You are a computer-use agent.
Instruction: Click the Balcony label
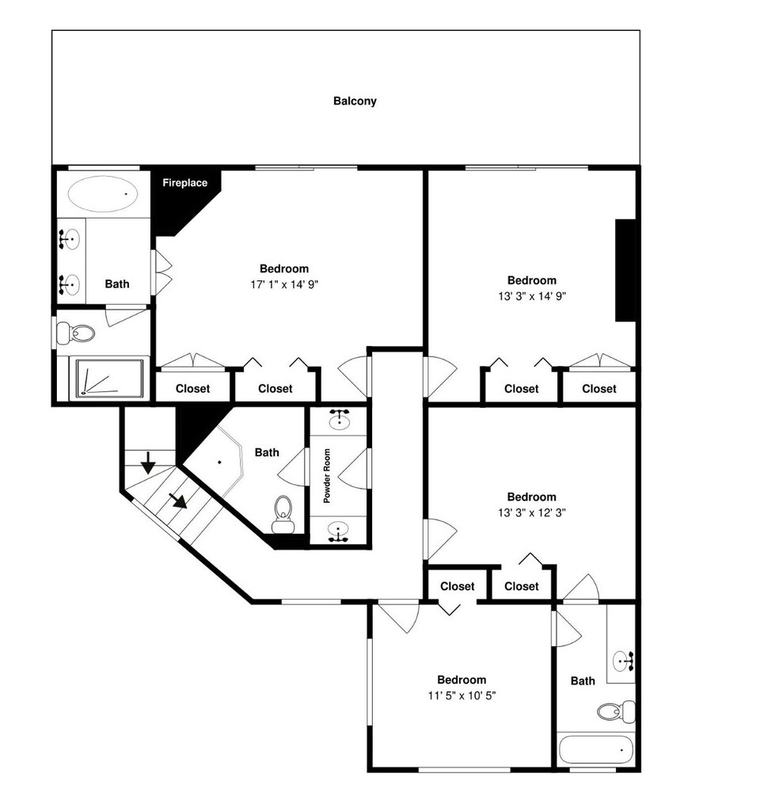pos(355,101)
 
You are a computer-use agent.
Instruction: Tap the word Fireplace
pos(184,183)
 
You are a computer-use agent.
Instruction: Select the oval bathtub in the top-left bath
pos(102,194)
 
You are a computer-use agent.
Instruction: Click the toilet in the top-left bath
pos(76,333)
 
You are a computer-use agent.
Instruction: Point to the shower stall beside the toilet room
pos(109,379)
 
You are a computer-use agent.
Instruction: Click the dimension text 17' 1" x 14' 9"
pos(284,284)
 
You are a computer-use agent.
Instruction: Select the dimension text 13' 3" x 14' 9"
pos(532,296)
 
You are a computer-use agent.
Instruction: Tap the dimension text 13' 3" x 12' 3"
pos(532,512)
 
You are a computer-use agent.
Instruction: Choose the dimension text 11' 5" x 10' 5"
pos(462,695)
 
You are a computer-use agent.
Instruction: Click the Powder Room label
pos(327,476)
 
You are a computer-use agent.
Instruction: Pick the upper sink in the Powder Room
pos(339,419)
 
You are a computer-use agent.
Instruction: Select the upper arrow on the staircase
pos(147,463)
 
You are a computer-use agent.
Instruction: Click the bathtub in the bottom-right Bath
pos(596,750)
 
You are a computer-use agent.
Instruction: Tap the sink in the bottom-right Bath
pos(623,661)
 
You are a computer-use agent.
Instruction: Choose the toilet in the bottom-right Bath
pos(616,712)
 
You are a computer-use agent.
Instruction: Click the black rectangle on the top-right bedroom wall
pos(625,270)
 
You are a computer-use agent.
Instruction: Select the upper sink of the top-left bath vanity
pos(69,239)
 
